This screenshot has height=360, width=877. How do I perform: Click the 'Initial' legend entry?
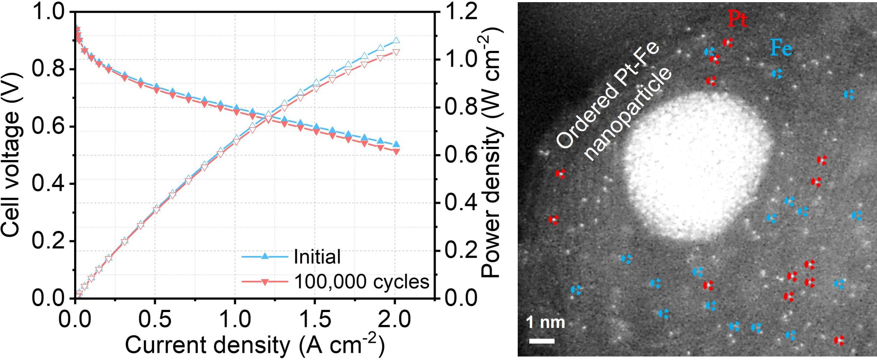click(317, 257)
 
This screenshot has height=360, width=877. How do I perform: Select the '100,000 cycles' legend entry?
click(361, 282)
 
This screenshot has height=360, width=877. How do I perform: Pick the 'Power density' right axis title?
click(491, 154)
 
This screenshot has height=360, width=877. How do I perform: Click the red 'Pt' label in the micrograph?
click(737, 19)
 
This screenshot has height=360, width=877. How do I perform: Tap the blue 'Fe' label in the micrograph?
click(781, 48)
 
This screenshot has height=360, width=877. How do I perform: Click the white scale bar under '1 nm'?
click(542, 341)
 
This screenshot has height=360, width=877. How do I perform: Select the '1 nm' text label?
click(545, 322)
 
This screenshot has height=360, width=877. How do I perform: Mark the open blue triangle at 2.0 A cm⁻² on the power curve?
click(396, 41)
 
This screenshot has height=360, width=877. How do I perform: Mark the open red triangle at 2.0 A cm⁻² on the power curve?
click(396, 52)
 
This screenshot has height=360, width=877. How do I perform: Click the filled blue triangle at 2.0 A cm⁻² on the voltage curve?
click(396, 145)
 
